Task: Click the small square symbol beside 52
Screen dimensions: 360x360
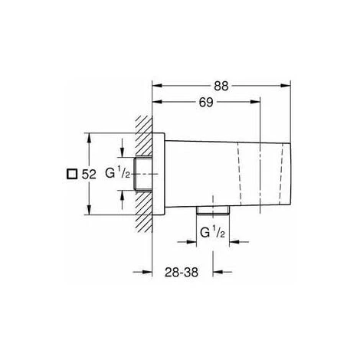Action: coord(71,174)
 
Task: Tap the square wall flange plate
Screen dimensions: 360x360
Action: coord(159,174)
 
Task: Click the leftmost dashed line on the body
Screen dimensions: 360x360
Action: coord(239,174)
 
